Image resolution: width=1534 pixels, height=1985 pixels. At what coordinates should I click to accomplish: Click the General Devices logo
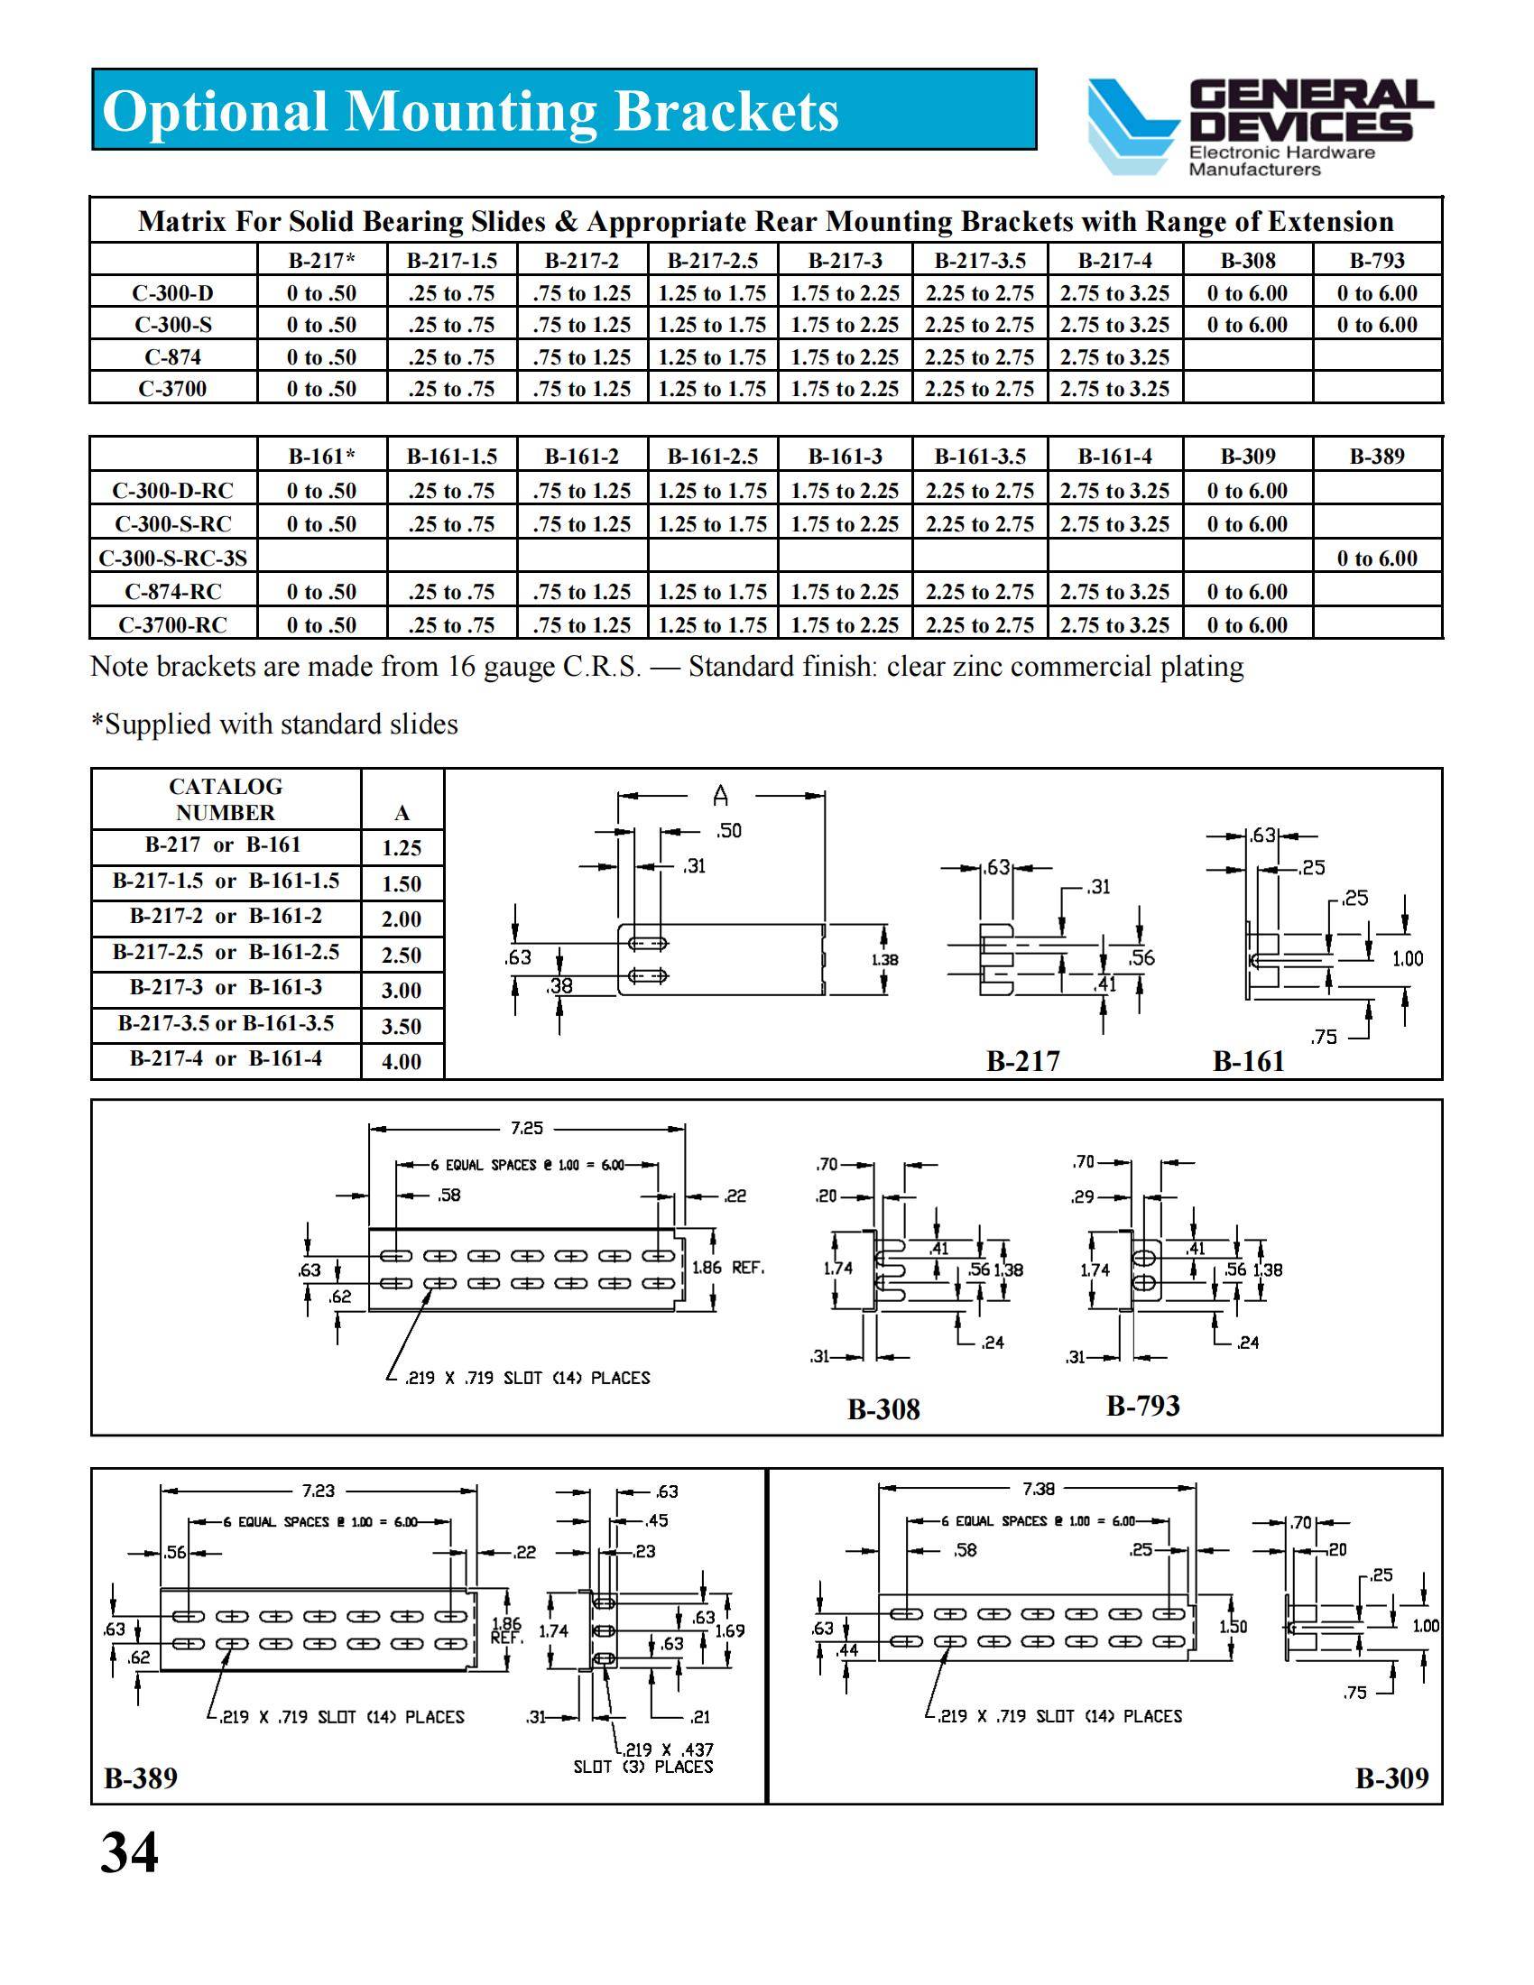1258,126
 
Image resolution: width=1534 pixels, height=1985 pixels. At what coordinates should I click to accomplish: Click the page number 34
129,1851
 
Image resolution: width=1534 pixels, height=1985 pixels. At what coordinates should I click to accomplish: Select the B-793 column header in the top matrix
1377,261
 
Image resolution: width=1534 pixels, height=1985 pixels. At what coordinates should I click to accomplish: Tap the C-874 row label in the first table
172,357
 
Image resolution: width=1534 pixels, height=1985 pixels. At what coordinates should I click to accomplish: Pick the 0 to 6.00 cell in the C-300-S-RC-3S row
1377,558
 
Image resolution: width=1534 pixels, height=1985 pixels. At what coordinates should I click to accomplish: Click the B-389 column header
1377,457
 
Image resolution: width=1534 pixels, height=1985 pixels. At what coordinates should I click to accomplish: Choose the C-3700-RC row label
172,625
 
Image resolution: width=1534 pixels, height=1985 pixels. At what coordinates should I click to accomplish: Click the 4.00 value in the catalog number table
401,1062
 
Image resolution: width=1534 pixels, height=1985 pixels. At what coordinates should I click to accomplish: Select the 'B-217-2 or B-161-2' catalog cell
226,916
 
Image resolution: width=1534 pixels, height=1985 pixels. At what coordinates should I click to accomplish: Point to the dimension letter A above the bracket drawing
721,797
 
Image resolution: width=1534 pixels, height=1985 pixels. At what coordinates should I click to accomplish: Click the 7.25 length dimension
526,1128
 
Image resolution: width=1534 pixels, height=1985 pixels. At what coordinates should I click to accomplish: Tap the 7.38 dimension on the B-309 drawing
1039,1489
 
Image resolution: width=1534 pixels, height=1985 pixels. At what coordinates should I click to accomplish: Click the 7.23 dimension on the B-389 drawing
318,1491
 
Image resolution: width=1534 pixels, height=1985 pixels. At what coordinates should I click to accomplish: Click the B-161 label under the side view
1249,1062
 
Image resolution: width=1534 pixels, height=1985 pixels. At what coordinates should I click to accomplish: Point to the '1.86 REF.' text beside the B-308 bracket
728,1267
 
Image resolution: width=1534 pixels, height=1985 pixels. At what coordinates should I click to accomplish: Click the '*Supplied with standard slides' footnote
274,725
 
